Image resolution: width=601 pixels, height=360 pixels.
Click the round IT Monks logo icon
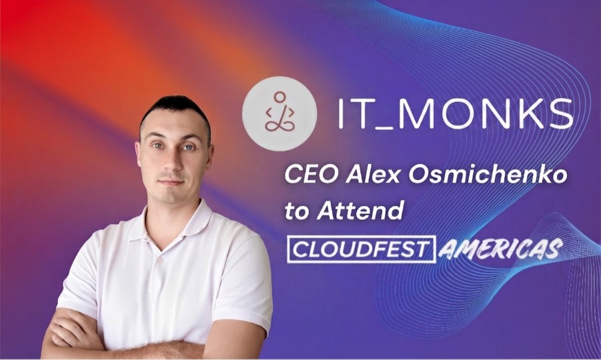click(x=279, y=114)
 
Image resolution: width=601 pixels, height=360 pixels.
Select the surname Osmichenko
click(x=488, y=175)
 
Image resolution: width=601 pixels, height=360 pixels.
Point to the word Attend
click(x=361, y=211)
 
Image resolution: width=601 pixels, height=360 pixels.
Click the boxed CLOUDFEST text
click(x=362, y=249)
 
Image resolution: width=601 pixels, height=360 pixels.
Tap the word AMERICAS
click(x=501, y=249)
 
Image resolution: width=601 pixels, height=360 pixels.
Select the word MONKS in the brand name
click(x=488, y=113)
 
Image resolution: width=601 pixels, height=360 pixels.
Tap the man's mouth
click(x=171, y=183)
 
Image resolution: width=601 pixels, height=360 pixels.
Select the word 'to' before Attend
click(x=297, y=212)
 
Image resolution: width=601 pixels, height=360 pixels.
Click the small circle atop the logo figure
click(x=279, y=97)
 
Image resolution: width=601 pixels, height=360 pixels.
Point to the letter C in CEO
click(x=293, y=175)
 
